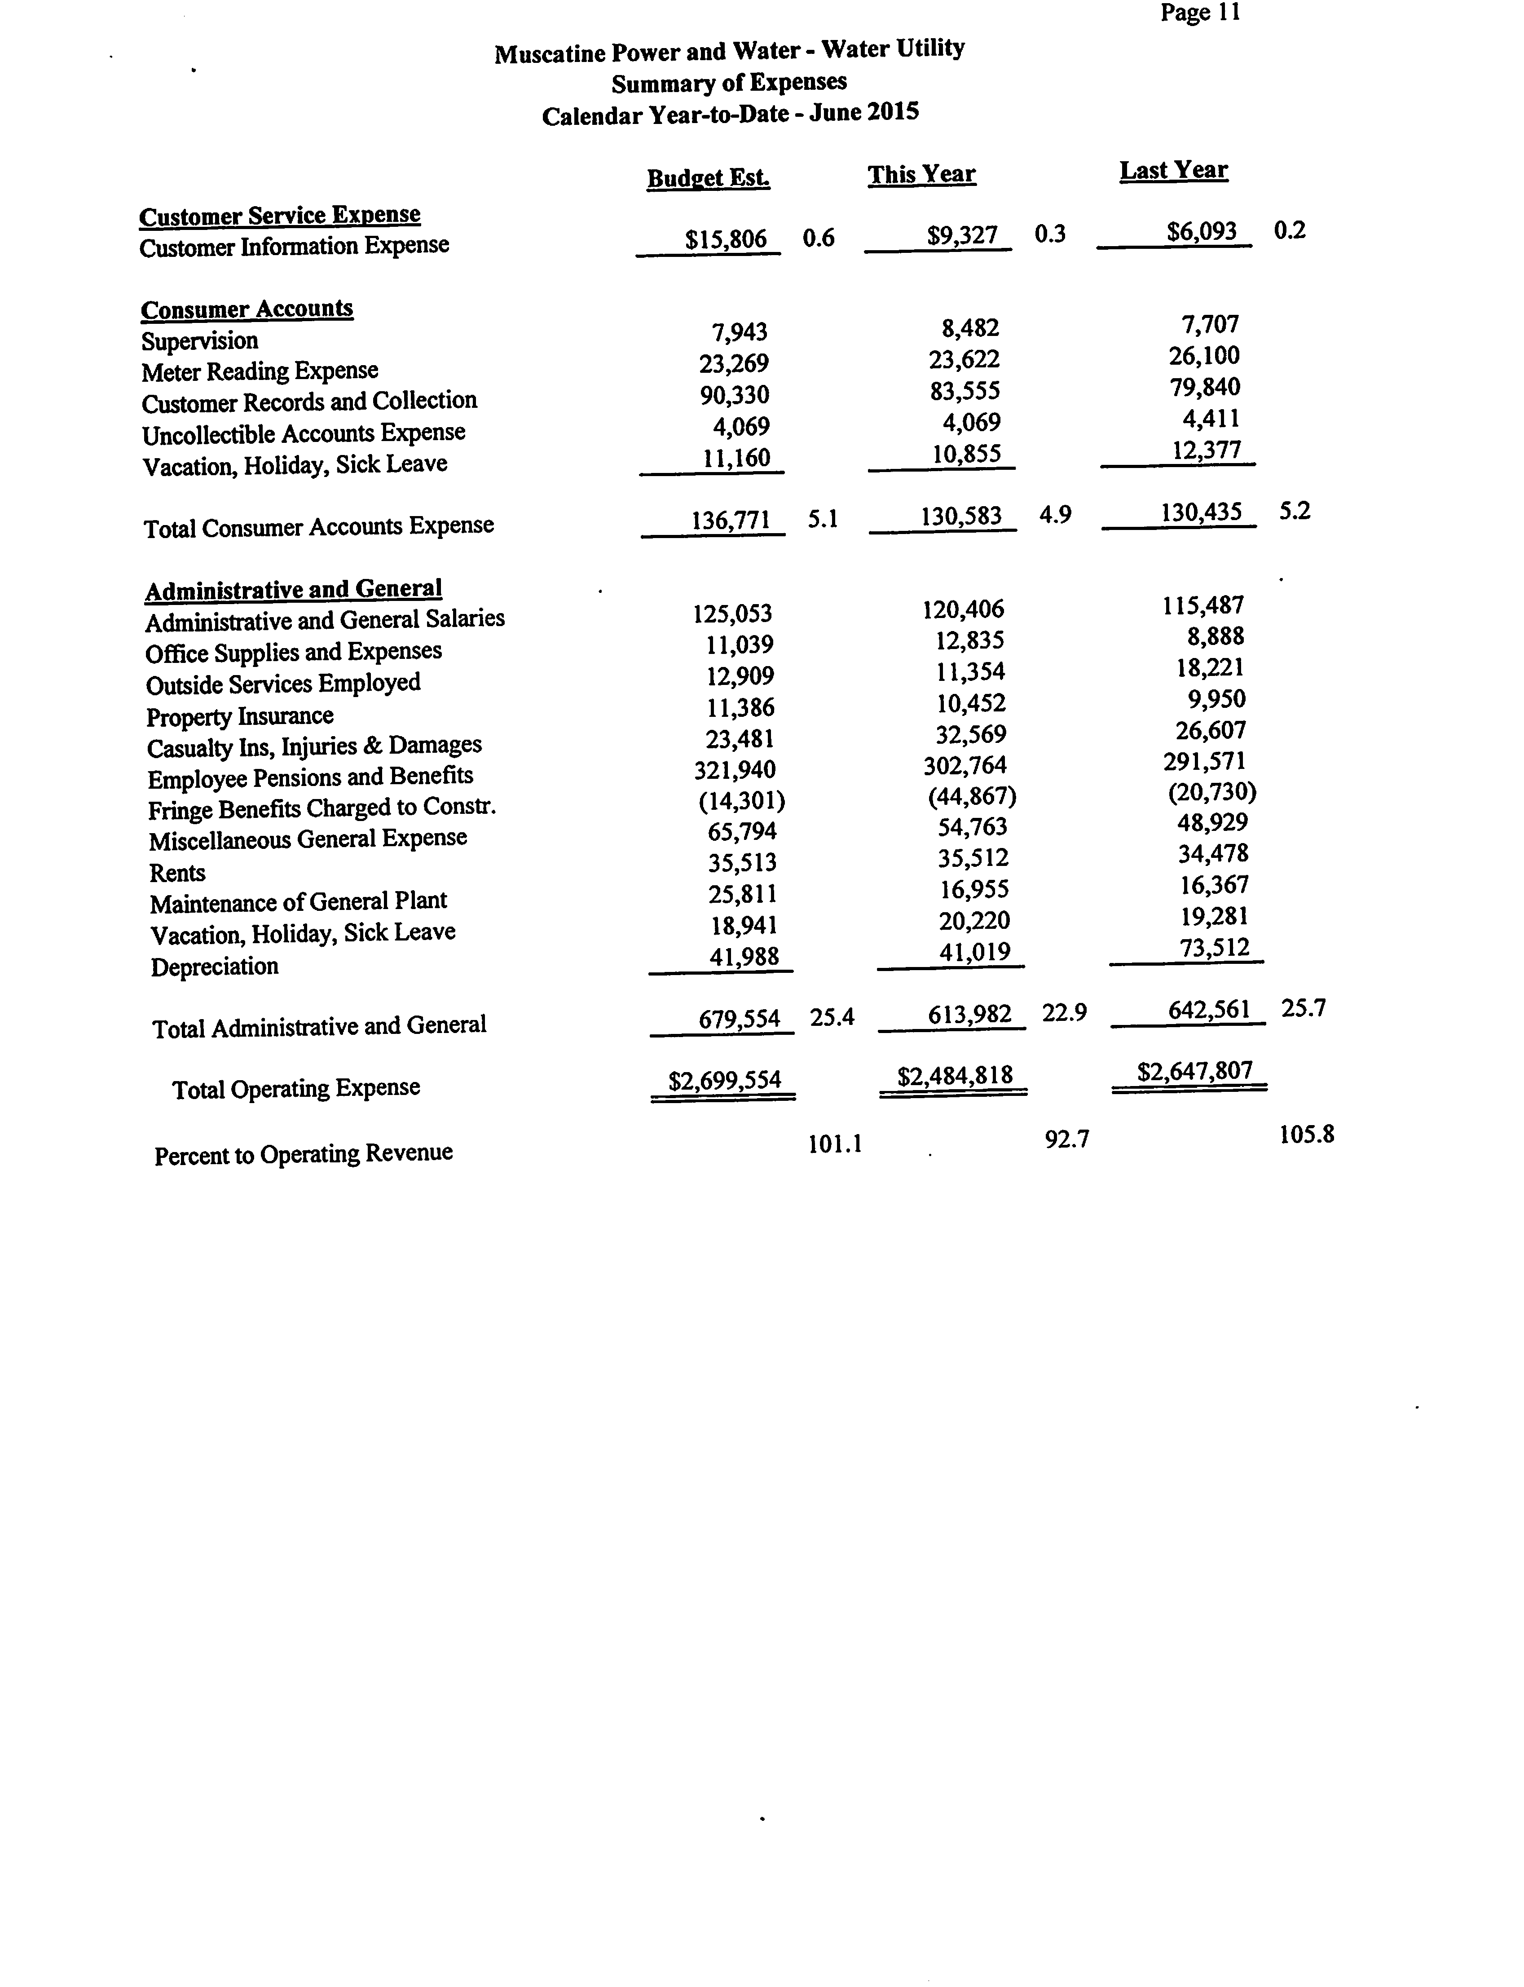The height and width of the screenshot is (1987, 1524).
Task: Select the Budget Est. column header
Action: (x=709, y=178)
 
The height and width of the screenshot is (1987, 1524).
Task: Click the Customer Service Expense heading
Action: (x=279, y=216)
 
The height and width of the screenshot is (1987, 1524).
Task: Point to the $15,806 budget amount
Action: (x=726, y=239)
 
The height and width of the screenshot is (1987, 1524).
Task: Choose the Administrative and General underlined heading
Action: (x=293, y=590)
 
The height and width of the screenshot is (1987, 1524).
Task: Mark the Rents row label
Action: (x=177, y=873)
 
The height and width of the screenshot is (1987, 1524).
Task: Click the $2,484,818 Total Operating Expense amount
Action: (x=954, y=1076)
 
